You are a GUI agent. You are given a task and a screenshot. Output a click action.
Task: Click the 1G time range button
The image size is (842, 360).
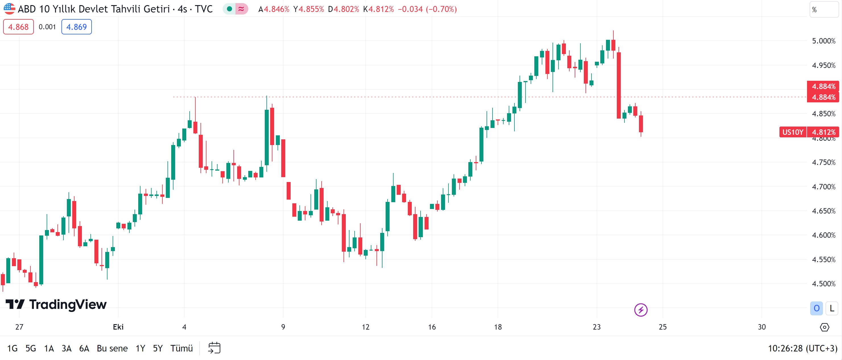tap(13, 348)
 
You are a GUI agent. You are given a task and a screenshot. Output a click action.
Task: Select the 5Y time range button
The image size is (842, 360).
tap(158, 348)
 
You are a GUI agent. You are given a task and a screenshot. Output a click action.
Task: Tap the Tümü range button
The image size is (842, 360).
tap(181, 348)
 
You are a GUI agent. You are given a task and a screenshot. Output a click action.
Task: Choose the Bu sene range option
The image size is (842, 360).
tap(112, 348)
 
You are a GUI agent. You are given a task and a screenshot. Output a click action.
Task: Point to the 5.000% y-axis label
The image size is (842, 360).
tap(823, 41)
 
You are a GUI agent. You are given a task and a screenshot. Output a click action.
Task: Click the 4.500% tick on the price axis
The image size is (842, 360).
tap(823, 284)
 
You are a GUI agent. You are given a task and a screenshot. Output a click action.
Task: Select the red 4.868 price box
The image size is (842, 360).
tap(18, 27)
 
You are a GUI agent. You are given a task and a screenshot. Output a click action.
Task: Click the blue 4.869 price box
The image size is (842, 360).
tap(76, 27)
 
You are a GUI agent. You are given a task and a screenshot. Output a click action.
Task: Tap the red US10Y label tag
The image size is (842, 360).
tap(793, 132)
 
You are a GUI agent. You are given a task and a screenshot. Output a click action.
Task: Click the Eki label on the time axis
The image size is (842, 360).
tap(118, 327)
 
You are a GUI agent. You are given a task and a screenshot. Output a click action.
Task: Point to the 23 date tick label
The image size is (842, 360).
tap(597, 327)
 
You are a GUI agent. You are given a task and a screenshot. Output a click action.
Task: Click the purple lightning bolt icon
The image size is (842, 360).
tap(641, 310)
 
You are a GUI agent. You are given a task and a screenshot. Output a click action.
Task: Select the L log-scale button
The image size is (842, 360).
tap(831, 308)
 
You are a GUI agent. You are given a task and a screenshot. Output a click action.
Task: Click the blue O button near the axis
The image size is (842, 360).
tap(816, 308)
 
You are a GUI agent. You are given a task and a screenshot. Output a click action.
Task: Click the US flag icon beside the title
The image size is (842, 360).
tap(9, 9)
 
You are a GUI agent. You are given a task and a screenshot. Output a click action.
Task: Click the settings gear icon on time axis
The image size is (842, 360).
tap(824, 327)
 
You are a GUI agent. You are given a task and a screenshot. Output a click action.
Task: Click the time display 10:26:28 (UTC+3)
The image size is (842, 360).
tap(802, 348)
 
